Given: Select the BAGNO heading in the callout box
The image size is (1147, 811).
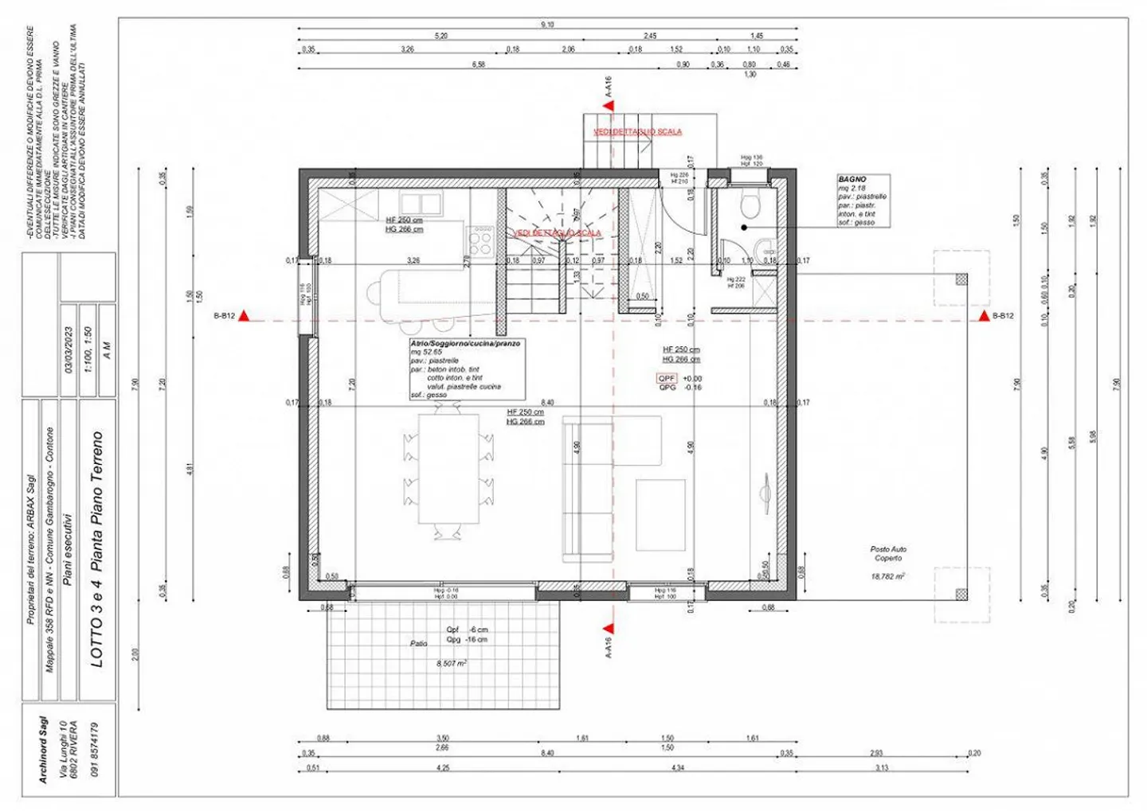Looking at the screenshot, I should click(851, 180).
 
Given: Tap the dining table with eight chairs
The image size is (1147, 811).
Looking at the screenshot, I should click(449, 470).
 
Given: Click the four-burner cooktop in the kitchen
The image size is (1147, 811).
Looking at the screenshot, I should click(480, 240).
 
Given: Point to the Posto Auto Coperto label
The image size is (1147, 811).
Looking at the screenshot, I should click(887, 554).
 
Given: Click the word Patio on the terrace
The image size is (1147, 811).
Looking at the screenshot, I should click(419, 643).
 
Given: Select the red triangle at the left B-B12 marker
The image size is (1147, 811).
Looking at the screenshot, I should click(245, 317).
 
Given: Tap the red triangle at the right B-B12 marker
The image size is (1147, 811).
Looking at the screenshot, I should click(985, 317).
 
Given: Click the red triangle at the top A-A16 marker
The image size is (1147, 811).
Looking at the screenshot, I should click(609, 105).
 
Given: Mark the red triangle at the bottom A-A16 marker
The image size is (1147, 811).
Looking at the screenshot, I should click(609, 626).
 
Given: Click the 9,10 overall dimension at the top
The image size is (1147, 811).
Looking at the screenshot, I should click(547, 25).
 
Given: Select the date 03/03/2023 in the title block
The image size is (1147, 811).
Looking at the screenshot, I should click(69, 350).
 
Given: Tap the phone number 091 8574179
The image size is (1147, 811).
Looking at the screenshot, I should click(95, 749).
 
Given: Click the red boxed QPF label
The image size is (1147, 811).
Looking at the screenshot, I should click(667, 379).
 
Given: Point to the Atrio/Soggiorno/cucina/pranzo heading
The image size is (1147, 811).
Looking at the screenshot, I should click(465, 344).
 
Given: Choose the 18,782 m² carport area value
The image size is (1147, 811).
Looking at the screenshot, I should click(887, 576).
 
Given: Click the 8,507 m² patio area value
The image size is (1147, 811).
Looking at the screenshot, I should click(452, 663).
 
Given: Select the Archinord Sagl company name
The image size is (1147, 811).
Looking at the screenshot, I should click(44, 749).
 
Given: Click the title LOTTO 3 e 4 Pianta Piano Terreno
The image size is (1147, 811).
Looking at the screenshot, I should click(97, 549).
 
